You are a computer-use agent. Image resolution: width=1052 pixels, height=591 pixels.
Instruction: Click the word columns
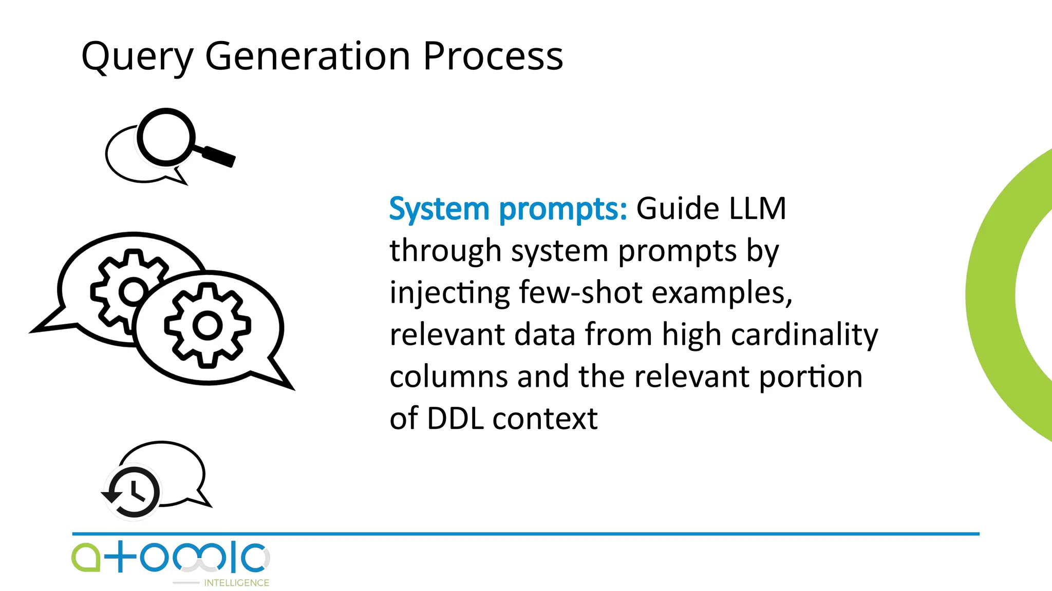[449, 377]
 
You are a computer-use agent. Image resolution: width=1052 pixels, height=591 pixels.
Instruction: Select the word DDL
[455, 418]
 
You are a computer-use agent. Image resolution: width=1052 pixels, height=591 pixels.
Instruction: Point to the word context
[545, 419]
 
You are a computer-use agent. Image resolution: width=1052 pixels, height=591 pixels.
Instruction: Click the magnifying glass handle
[218, 156]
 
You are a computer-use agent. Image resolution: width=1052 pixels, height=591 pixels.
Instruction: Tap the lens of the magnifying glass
[165, 137]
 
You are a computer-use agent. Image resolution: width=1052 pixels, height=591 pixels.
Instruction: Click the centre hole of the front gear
[207, 325]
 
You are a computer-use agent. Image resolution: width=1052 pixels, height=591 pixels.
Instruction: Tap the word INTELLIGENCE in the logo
[236, 583]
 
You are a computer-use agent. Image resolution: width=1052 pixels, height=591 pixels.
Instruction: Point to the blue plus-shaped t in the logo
[120, 557]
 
